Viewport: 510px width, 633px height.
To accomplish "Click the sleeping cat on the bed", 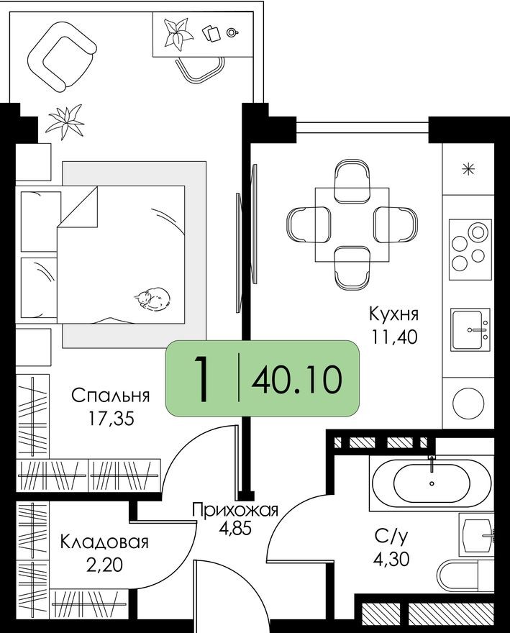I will pyautogui.click(x=152, y=298).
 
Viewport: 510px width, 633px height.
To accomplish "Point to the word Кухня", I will pyautogui.click(x=393, y=314).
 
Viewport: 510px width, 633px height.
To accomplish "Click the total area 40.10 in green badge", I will pyautogui.click(x=296, y=379).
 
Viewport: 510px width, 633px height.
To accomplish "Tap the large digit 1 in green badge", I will pyautogui.click(x=204, y=379).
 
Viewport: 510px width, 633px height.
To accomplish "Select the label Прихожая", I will pyautogui.click(x=234, y=511).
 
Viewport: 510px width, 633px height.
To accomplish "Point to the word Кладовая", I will pyautogui.click(x=104, y=542).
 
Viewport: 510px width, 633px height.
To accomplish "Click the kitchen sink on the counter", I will pyautogui.click(x=470, y=329).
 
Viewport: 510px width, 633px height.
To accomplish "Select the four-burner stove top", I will pyautogui.click(x=470, y=247).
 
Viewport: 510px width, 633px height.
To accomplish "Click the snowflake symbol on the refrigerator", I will pyautogui.click(x=469, y=170).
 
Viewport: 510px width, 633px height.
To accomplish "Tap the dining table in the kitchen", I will pyautogui.click(x=352, y=225).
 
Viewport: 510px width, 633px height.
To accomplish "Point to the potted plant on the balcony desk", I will pyautogui.click(x=176, y=33).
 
